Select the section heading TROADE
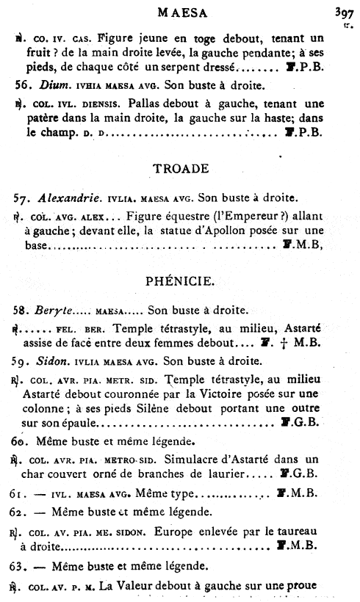181,168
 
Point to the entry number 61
22,493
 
